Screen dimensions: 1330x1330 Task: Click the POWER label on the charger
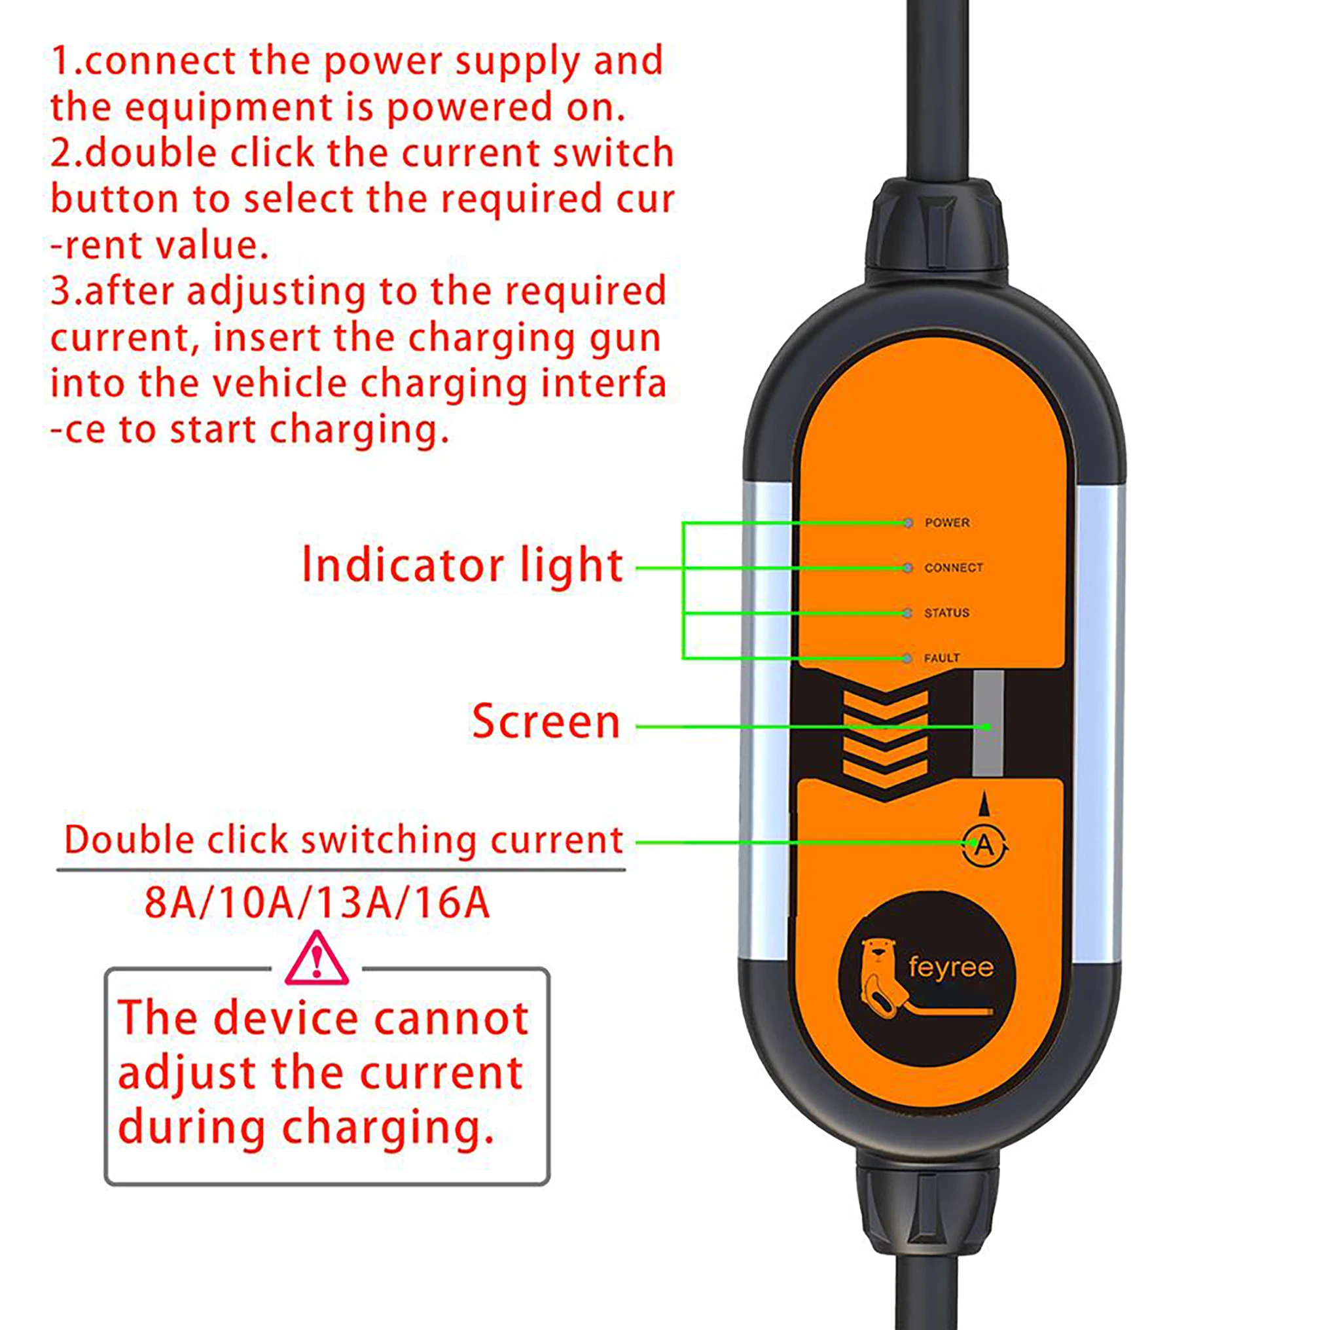point(946,522)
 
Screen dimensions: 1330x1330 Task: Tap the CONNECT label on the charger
point(953,568)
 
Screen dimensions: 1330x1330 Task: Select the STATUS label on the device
point(946,613)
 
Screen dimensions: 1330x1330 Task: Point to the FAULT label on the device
point(941,658)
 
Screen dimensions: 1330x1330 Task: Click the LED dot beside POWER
point(907,523)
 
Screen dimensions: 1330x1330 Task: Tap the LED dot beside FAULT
point(907,658)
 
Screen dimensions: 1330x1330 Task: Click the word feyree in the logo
point(950,967)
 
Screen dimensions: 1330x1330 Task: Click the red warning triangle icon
point(317,959)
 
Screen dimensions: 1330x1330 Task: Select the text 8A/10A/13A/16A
point(317,903)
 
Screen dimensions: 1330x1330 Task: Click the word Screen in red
point(546,721)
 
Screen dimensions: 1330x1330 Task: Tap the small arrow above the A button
point(986,803)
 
